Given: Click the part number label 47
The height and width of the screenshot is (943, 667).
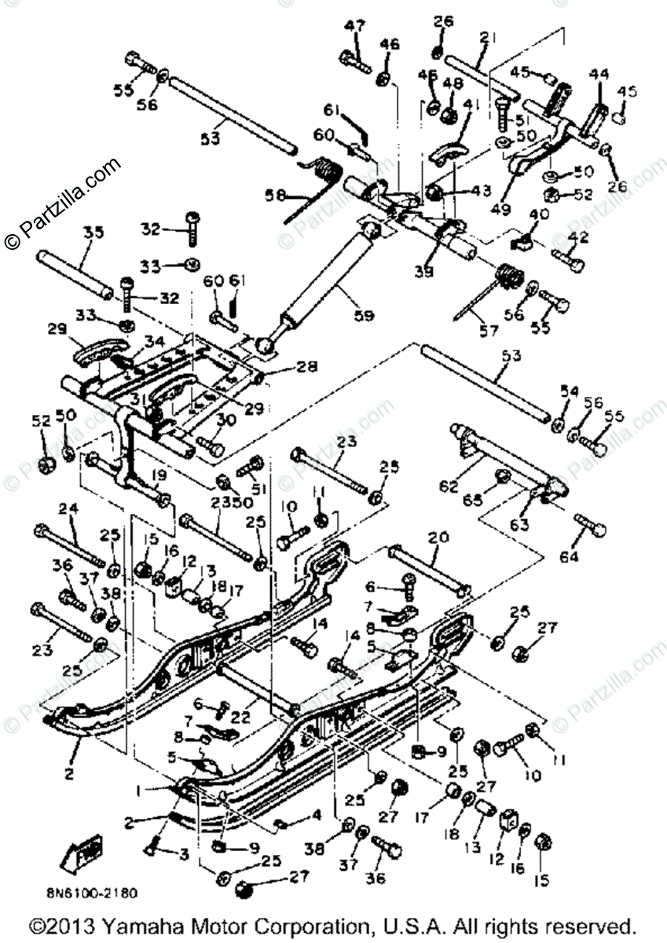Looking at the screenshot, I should (355, 25).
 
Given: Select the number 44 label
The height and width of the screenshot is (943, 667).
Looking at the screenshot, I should (599, 73).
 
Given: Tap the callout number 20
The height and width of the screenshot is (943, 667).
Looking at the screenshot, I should (438, 539).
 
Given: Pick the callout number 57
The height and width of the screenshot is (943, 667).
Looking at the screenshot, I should (489, 332).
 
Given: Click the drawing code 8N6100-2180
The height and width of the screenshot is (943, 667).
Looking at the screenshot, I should (91, 893).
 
